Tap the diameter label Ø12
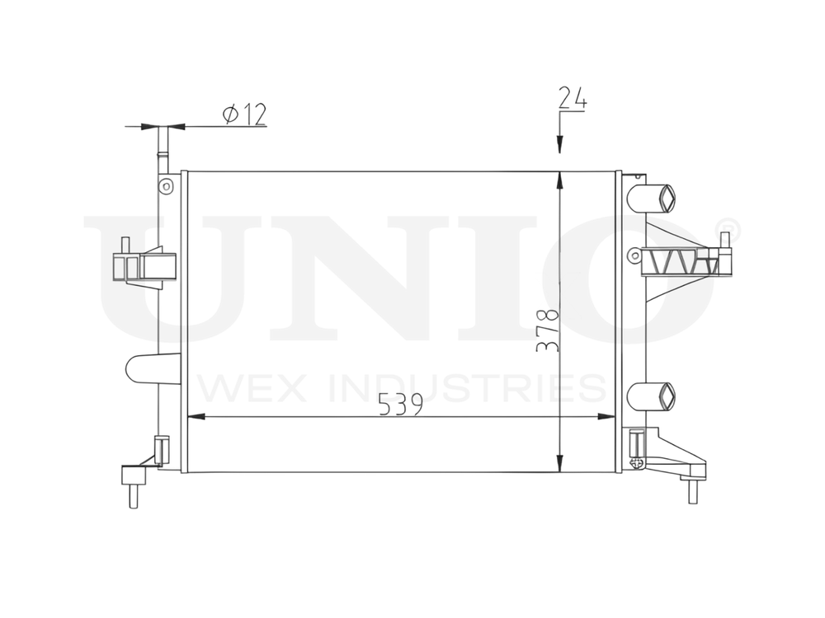click(x=244, y=115)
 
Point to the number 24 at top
click(x=572, y=97)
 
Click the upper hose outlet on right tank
click(x=652, y=198)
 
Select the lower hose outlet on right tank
click(x=651, y=396)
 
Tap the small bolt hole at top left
click(x=166, y=185)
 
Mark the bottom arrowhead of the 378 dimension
click(x=560, y=462)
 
